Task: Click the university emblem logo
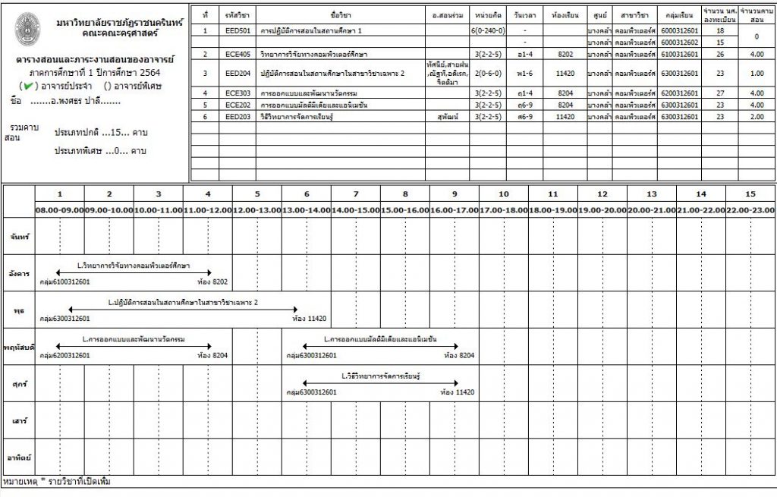pos(29,27)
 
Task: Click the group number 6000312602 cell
pos(678,42)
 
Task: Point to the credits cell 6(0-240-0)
pos(487,30)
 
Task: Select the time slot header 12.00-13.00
pos(256,209)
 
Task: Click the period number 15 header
pos(750,193)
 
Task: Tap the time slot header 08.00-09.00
pos(59,209)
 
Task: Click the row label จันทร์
pos(19,237)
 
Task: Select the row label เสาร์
pos(19,420)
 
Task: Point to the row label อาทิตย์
pos(19,458)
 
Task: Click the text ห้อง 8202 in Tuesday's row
pos(212,282)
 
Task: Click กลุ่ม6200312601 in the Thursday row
pos(64,355)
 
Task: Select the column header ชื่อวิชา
pos(340,14)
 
